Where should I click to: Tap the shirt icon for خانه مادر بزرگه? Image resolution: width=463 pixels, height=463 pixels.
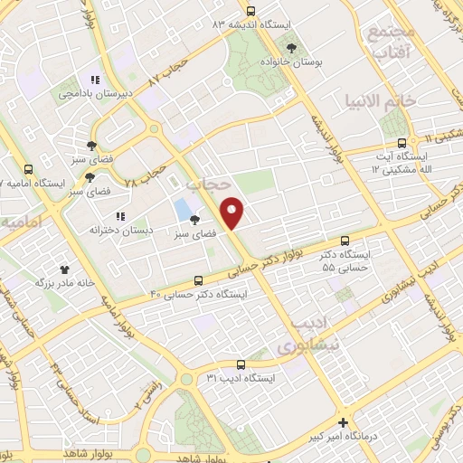pos(64,269)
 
